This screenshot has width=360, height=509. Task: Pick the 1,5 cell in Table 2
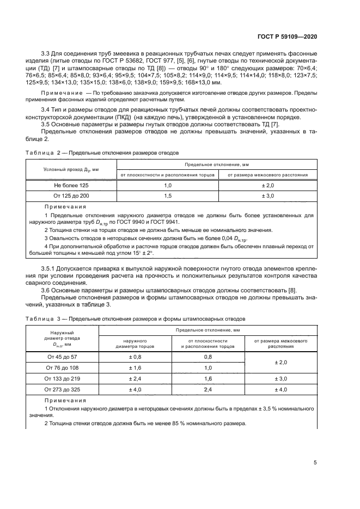(167, 195)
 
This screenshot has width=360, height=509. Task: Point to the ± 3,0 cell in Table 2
(267, 195)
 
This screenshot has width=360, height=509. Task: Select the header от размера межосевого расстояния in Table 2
(267, 175)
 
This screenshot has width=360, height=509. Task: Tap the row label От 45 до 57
(62, 357)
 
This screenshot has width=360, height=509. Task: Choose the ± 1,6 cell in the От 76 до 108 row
(135, 367)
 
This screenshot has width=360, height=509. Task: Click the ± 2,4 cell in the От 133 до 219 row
(135, 378)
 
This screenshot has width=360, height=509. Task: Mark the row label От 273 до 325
(62, 389)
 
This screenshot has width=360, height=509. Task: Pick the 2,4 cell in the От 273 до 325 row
(208, 389)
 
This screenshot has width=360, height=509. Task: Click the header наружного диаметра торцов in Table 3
(135, 343)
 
